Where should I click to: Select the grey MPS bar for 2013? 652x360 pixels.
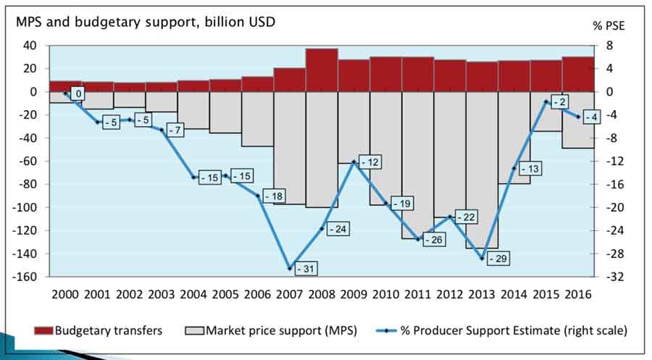coord(482,167)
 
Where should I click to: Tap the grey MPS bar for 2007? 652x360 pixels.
coord(290,145)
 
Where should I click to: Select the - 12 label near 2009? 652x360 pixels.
coord(372,163)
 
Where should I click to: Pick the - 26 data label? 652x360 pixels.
coord(436,239)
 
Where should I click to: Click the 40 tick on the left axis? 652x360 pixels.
coord(31,45)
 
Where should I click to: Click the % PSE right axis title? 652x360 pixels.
coord(608,25)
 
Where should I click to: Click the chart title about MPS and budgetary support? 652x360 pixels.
coord(146,22)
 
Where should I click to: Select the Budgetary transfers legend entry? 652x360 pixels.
coord(98,330)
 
